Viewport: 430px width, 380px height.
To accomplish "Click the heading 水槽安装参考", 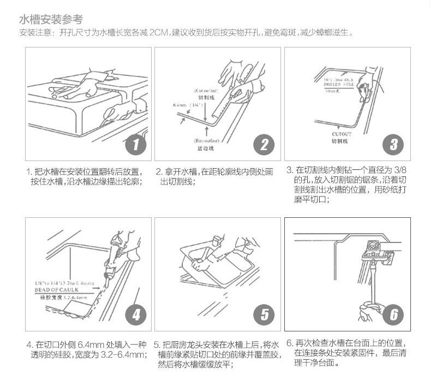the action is (51, 20).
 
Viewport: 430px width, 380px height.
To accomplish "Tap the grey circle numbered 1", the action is (136, 145).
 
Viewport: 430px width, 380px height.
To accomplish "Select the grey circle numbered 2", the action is (264, 145).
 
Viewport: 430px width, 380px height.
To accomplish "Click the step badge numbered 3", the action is (393, 145).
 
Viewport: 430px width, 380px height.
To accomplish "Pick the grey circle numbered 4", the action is (136, 314).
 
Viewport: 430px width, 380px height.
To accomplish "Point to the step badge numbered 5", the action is (264, 314).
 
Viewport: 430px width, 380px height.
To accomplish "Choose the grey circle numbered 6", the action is (393, 314).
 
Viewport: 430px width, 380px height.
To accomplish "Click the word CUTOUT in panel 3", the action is (342, 134).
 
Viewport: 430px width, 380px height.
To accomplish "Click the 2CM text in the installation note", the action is (159, 33).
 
